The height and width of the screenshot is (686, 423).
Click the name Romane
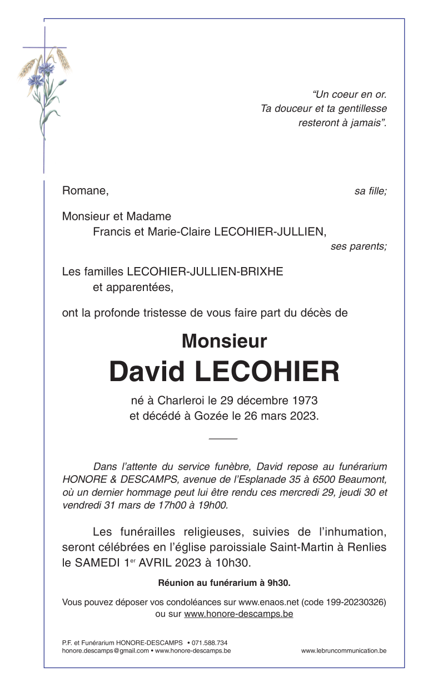click(84, 191)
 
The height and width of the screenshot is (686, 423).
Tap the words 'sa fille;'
click(370, 191)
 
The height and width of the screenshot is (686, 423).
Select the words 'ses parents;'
click(359, 246)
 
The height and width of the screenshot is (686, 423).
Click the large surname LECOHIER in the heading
click(267, 372)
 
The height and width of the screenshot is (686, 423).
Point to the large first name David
click(147, 372)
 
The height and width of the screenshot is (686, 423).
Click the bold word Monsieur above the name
click(224, 340)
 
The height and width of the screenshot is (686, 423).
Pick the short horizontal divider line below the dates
click(223, 439)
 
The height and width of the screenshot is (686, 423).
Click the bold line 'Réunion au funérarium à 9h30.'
click(225, 583)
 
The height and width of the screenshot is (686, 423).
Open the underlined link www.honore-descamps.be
click(238, 614)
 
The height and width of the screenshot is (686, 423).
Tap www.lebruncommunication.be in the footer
click(344, 650)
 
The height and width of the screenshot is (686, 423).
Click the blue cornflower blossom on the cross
click(46, 68)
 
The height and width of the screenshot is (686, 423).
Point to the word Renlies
click(367, 547)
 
